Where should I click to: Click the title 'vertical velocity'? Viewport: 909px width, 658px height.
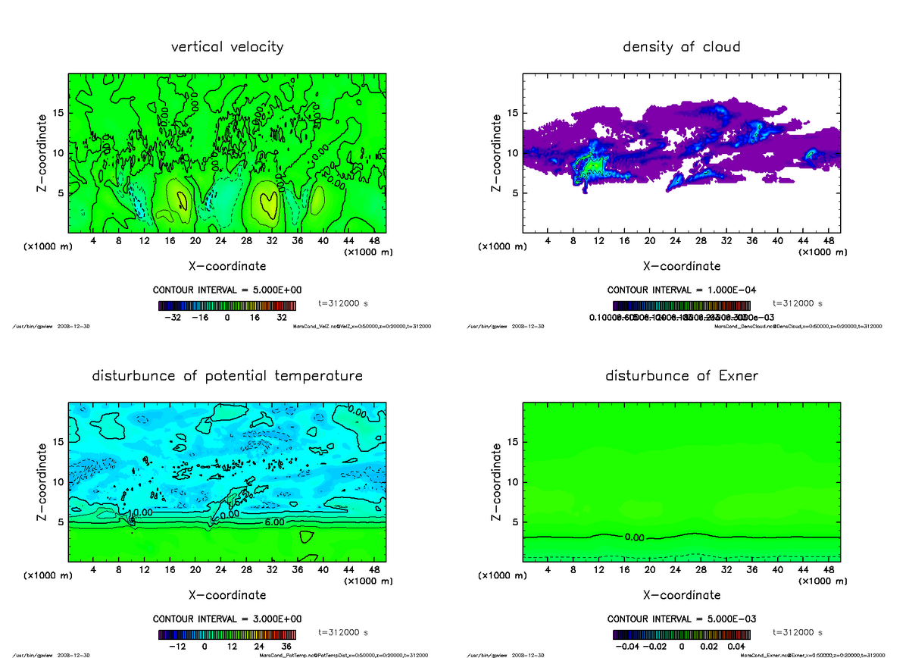[x=227, y=47]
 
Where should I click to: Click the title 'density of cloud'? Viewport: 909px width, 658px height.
[x=681, y=47]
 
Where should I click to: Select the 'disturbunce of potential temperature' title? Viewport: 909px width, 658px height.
[x=227, y=376]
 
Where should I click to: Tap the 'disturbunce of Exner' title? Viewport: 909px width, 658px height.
[x=681, y=376]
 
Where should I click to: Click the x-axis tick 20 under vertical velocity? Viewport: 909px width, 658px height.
[x=195, y=241]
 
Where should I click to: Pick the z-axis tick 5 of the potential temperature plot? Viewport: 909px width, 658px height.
[x=61, y=522]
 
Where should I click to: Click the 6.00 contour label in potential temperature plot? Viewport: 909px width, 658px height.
[x=274, y=522]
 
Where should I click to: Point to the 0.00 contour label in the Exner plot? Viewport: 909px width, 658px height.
[x=635, y=537]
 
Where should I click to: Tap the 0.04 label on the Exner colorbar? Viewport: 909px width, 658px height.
[x=737, y=647]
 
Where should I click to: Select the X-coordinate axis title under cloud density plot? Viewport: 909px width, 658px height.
[x=681, y=266]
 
